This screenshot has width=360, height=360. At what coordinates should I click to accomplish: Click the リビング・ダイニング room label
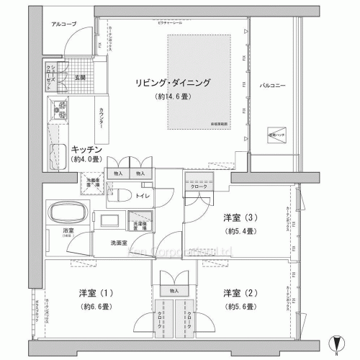click(173, 83)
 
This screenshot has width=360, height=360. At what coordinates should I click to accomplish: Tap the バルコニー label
click(273, 86)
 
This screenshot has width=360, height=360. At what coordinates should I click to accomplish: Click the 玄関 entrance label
click(79, 77)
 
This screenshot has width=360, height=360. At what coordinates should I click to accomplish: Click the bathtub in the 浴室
click(66, 215)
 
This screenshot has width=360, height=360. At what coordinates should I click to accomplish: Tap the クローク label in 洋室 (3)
click(199, 186)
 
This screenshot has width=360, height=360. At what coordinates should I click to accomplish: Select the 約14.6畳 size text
click(173, 96)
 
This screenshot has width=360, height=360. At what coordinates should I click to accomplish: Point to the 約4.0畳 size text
click(85, 160)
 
